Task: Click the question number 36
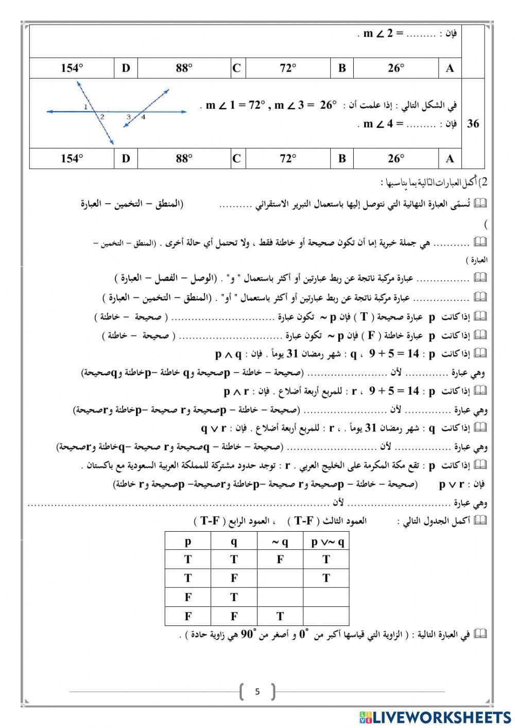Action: point(473,124)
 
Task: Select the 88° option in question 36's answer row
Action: point(184,159)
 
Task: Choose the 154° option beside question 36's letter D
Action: point(72,159)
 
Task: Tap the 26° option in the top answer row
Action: point(396,68)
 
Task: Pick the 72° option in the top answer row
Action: point(288,68)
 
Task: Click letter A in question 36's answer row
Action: point(450,159)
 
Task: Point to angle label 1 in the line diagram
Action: point(85,107)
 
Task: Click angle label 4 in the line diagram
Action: point(143,117)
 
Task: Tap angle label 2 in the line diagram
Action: point(102,117)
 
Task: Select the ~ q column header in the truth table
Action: point(280,541)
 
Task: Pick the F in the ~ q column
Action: point(280,560)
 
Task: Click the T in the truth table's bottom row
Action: point(280,616)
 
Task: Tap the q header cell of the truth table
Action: point(234,541)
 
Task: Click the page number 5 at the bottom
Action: point(257,691)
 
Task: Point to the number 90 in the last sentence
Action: point(249,635)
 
